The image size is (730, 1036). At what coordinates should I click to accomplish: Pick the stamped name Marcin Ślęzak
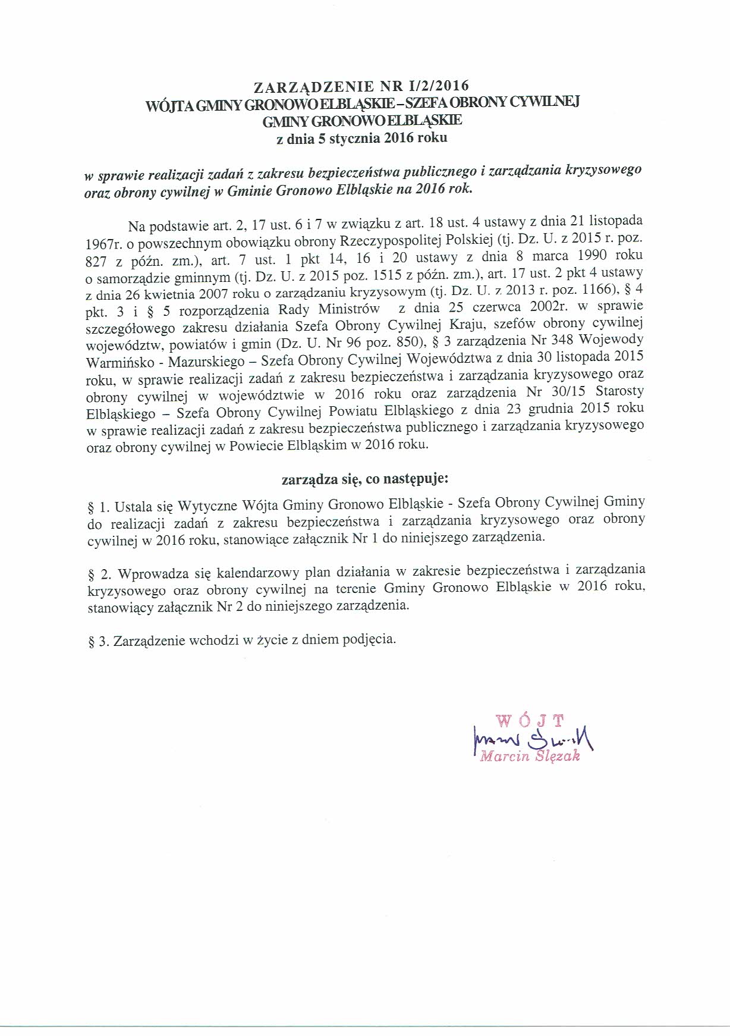pos(530,757)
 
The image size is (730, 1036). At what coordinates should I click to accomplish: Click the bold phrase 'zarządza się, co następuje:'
pos(364,478)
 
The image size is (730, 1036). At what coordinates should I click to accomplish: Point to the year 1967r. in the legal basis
pos(102,244)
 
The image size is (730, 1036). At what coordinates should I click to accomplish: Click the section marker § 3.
pos(98,641)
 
